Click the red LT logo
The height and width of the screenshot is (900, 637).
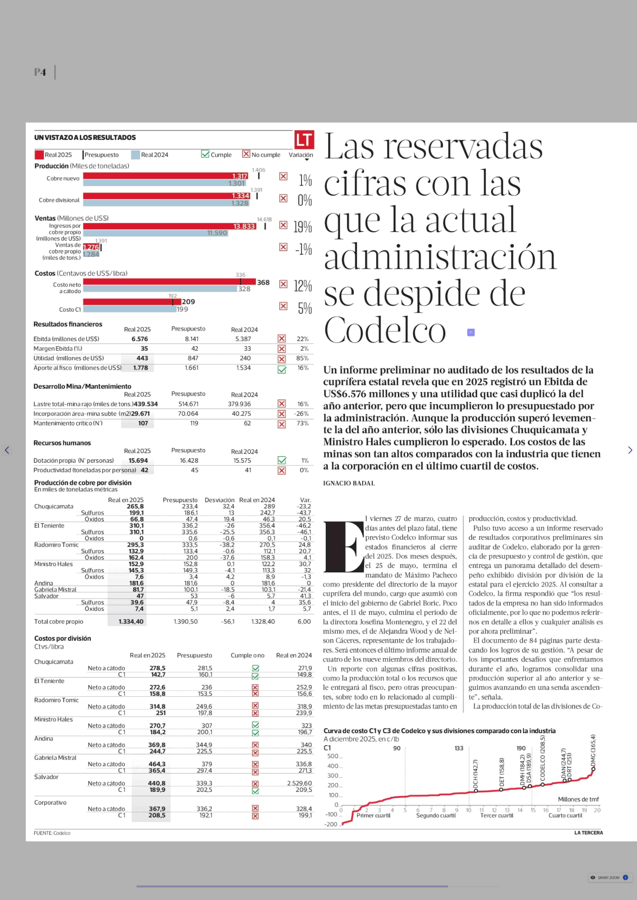point(304,140)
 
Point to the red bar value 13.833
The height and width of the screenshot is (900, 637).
point(244,226)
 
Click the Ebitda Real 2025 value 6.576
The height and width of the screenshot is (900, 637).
point(140,339)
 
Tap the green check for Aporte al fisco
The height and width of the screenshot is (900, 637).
point(282,369)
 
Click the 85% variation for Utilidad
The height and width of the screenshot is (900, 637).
point(302,358)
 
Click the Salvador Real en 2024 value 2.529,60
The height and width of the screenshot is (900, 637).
point(299,783)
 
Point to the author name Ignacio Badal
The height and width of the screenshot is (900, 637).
point(349,483)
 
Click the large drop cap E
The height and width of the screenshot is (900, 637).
point(343,546)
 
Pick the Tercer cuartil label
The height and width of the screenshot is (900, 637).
point(497,815)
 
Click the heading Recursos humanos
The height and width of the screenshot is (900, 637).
point(62,443)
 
